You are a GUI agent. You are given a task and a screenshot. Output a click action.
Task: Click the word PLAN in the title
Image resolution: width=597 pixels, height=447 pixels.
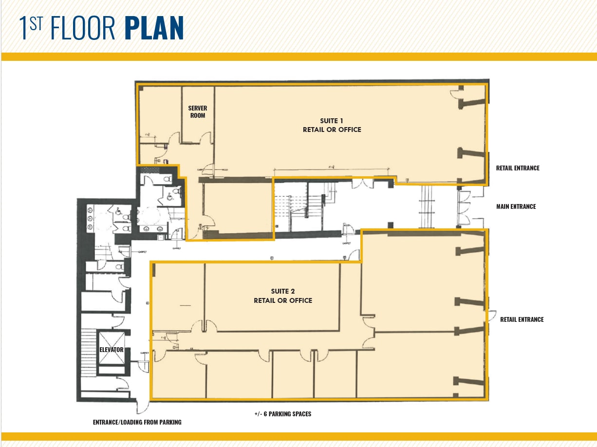(154, 28)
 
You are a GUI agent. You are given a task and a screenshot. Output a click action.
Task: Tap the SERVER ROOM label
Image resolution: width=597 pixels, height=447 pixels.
(197, 112)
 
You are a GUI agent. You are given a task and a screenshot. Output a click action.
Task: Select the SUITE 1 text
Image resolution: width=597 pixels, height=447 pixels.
(332, 120)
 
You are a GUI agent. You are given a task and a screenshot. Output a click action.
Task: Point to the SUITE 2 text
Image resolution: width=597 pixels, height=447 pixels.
(283, 291)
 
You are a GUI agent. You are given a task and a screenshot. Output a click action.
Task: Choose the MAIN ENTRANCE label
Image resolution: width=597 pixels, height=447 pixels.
(516, 206)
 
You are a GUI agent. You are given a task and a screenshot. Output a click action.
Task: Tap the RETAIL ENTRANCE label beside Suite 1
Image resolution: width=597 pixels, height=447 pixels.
(517, 168)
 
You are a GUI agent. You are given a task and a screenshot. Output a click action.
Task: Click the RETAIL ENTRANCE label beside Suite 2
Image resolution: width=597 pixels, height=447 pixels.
(522, 319)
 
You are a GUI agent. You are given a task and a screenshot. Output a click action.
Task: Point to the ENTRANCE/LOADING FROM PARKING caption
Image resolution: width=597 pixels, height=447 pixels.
(137, 422)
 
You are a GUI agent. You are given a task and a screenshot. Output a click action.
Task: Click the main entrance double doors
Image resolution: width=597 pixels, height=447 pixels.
(463, 207)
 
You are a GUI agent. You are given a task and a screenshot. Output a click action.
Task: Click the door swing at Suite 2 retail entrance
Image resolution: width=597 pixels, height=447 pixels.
(491, 316)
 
